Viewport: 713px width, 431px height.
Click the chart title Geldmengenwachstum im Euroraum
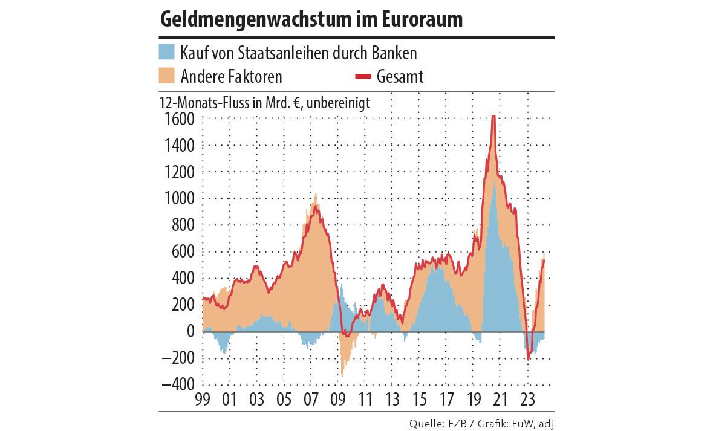pos(311,19)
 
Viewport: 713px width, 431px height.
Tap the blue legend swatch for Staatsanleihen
pos(167,52)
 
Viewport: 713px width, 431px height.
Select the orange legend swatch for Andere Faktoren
pos(167,76)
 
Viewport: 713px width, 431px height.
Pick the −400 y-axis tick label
pos(178,385)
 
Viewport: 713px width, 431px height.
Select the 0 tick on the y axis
pos(190,332)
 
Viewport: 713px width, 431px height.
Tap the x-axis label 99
pos(202,400)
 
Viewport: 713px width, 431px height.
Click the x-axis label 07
pos(311,400)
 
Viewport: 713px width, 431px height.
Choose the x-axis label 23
pos(528,400)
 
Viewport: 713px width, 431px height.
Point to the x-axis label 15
pos(419,400)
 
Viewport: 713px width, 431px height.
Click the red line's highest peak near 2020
pos(494,117)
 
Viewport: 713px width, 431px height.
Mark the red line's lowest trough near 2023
pos(529,359)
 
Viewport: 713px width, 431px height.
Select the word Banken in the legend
pos(396,53)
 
